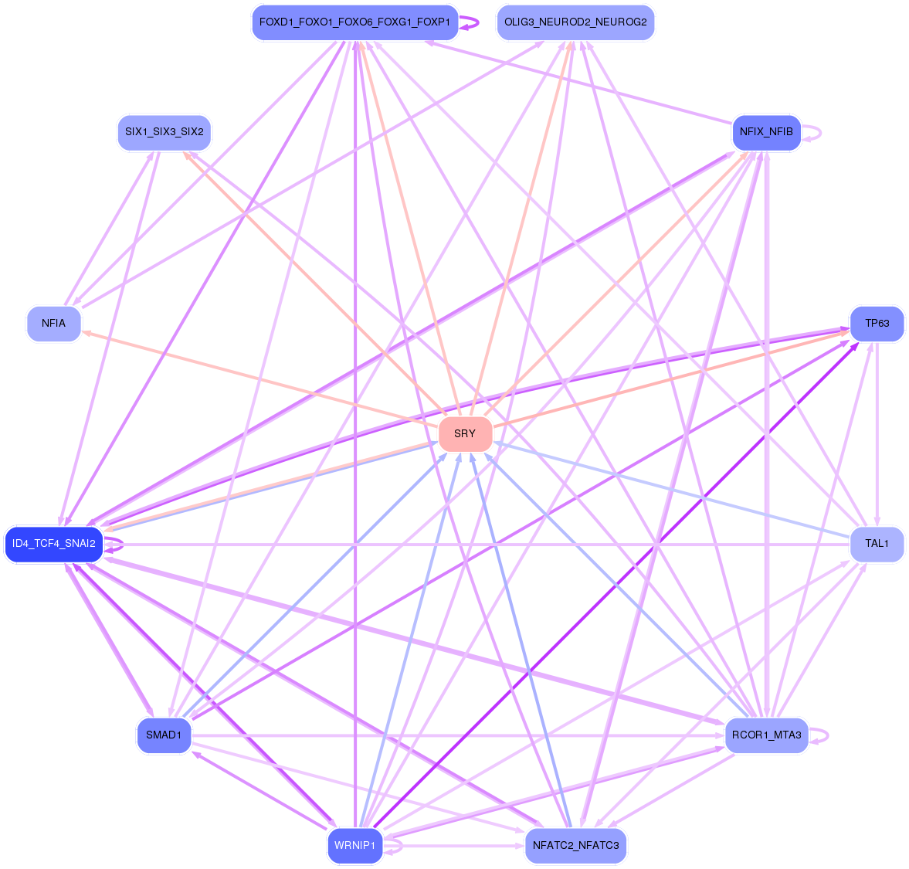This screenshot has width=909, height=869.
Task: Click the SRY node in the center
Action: click(x=465, y=434)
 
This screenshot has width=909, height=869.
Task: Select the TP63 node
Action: click(x=877, y=324)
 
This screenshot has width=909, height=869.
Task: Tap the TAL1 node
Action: click(x=877, y=544)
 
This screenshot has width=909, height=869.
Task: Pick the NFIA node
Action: click(x=53, y=324)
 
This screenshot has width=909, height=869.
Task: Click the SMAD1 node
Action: click(x=164, y=735)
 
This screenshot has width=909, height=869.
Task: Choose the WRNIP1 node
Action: click(x=355, y=845)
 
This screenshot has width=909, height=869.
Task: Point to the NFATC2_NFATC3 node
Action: click(x=575, y=845)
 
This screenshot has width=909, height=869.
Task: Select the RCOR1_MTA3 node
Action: click(x=766, y=735)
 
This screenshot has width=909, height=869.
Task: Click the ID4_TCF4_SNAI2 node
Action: click(x=54, y=544)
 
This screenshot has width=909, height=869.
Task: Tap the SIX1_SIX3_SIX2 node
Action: click(x=164, y=132)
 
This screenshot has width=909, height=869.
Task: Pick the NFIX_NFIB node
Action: click(x=766, y=132)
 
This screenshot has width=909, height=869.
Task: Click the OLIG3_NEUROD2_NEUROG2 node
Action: click(x=575, y=22)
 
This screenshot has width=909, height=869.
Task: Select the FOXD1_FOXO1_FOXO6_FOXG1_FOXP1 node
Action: click(x=354, y=22)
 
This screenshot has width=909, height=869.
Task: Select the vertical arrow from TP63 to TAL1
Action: click(x=877, y=433)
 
